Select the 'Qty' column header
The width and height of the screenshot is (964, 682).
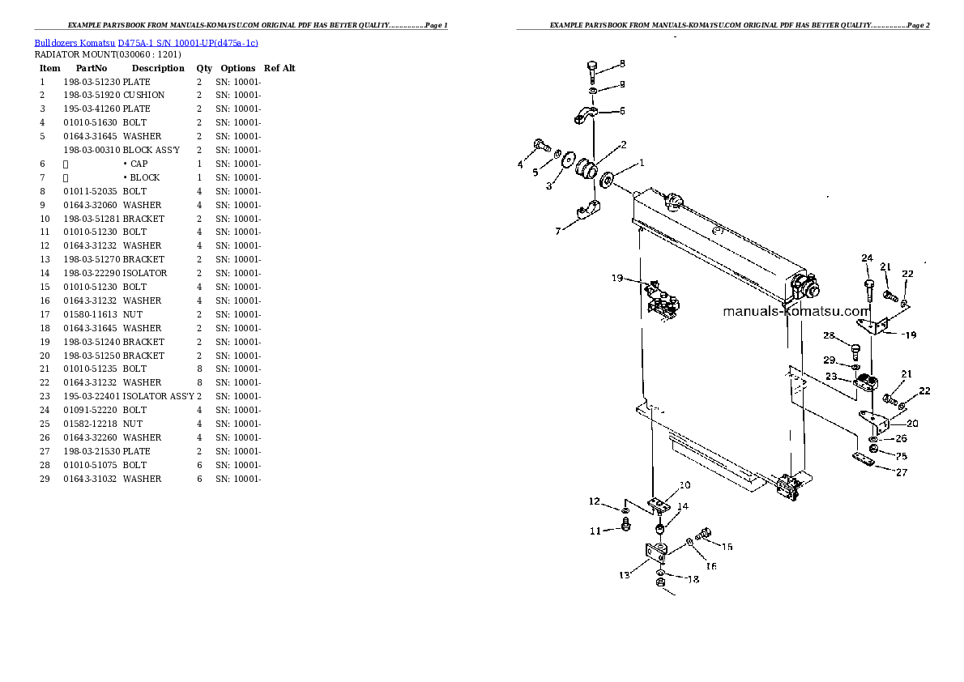pos(203,68)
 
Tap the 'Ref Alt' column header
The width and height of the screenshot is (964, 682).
pos(279,68)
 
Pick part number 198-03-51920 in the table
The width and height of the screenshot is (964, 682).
pos(91,95)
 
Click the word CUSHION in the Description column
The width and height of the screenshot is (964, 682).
pos(143,95)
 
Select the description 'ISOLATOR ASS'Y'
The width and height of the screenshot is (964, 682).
pos(158,396)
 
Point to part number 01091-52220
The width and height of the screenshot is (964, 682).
pos(91,410)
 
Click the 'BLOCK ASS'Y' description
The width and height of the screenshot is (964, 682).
pos(151,150)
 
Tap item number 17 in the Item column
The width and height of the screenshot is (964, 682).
pos(45,314)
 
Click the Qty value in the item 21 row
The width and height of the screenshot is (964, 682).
pos(199,369)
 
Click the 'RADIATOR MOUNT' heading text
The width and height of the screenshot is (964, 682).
pos(75,54)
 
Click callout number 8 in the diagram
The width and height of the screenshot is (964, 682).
pos(622,63)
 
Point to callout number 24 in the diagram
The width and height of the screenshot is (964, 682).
pos(867,258)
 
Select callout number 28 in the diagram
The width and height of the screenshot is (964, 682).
pos(829,335)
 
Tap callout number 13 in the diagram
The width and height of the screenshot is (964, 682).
pos(624,575)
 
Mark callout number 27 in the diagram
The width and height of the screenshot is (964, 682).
pos(902,472)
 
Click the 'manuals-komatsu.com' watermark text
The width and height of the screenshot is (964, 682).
pos(796,311)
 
